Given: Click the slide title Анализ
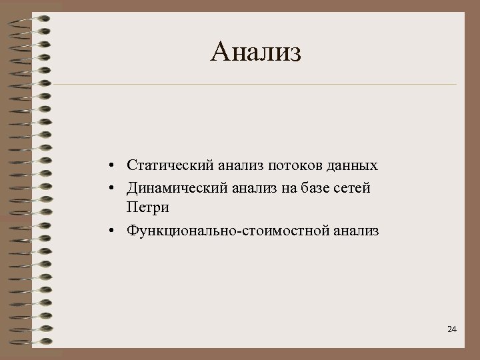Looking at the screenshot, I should point(256,51).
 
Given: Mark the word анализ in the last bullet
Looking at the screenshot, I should point(356,231).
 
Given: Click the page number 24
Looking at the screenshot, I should point(452,330).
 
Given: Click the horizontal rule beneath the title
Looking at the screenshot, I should point(256,85).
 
